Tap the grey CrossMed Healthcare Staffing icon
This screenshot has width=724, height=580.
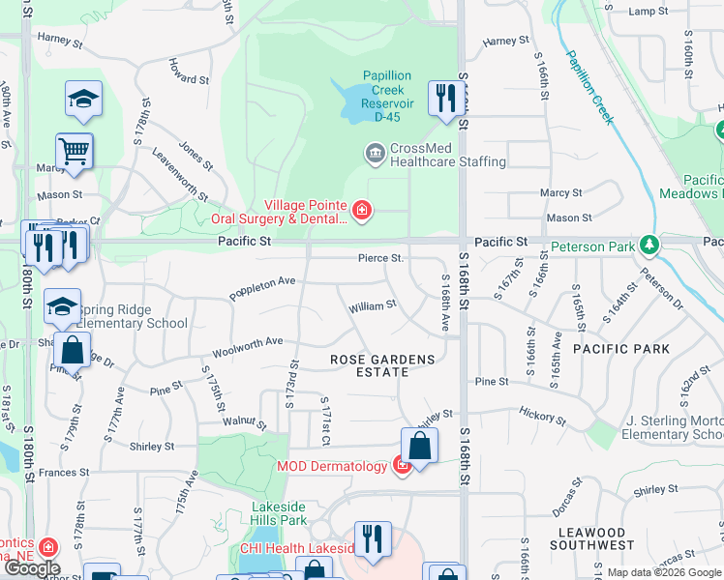coord(374,153)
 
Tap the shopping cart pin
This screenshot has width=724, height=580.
coord(75,152)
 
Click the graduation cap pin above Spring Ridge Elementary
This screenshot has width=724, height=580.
coord(62,306)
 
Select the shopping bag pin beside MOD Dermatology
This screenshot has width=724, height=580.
coord(419,445)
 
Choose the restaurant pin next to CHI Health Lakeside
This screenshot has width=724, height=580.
coord(373,538)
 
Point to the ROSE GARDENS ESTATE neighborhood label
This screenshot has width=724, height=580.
coord(382,365)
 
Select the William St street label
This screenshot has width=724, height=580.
coord(373,305)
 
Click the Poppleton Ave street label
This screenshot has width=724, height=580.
coord(261,287)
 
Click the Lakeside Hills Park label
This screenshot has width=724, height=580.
coord(279,513)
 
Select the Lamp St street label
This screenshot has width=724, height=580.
coord(649,11)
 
